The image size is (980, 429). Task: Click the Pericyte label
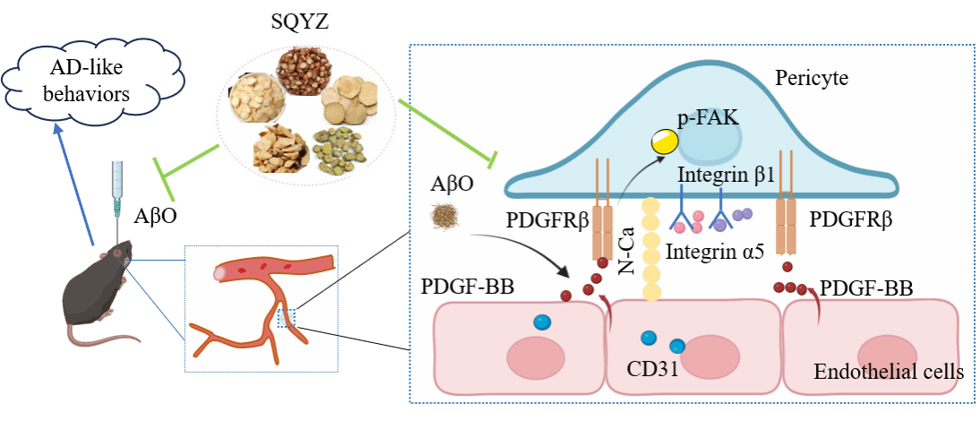[x=811, y=78]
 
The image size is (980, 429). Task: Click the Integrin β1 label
[x=726, y=176]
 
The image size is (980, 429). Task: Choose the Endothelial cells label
[x=888, y=371]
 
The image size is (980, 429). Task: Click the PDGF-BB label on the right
[x=865, y=287]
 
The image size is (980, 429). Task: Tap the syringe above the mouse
[x=116, y=193]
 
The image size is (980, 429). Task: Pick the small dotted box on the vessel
[x=286, y=318]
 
